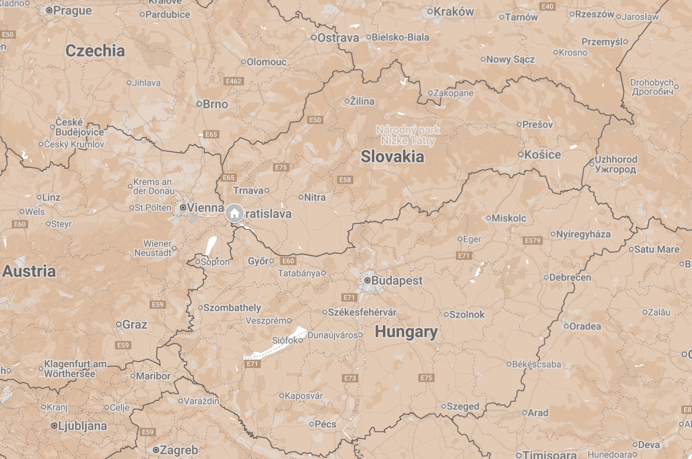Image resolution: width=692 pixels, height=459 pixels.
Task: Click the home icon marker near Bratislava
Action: point(234,213)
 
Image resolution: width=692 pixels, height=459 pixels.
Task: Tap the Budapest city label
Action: point(396,281)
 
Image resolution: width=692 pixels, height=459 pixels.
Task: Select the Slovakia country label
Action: point(392,157)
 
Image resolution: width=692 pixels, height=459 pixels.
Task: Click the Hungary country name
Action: point(406,332)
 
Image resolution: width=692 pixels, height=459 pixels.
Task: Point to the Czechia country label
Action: point(95,51)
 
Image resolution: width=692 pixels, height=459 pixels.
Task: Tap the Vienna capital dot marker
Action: point(183,207)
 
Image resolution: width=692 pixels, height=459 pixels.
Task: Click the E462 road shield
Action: point(233,81)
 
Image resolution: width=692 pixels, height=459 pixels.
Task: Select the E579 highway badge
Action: point(532,241)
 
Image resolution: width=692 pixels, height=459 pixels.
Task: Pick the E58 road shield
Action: point(345,180)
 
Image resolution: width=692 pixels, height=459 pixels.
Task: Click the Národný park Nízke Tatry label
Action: point(408,135)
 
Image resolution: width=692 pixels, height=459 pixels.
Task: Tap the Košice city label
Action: point(542,155)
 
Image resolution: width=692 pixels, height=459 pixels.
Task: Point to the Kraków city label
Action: point(453,12)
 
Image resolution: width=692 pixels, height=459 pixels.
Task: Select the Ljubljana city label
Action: point(82,426)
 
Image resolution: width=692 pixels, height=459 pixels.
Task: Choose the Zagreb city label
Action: point(179,450)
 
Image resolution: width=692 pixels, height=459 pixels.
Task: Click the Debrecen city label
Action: point(570,278)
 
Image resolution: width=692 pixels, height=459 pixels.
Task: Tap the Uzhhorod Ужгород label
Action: point(615,164)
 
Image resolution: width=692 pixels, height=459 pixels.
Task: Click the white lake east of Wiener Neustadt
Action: point(211,246)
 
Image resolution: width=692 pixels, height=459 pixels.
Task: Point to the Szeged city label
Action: point(463,406)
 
